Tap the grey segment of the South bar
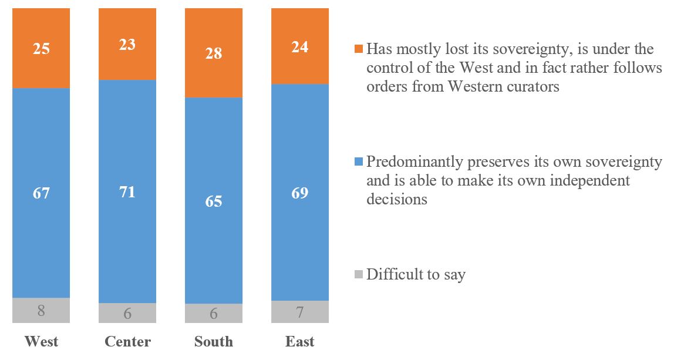tap(214, 313)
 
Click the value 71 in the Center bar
tap(127, 192)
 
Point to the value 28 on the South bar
tap(214, 53)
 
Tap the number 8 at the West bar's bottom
tap(41, 311)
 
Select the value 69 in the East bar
tap(300, 192)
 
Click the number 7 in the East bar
tap(300, 312)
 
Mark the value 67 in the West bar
tap(41, 192)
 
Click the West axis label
tap(41, 342)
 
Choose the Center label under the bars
tap(127, 342)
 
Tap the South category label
tap(214, 342)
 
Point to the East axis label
tap(300, 342)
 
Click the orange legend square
tap(359, 49)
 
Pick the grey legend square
tap(359, 274)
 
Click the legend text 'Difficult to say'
tap(416, 274)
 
